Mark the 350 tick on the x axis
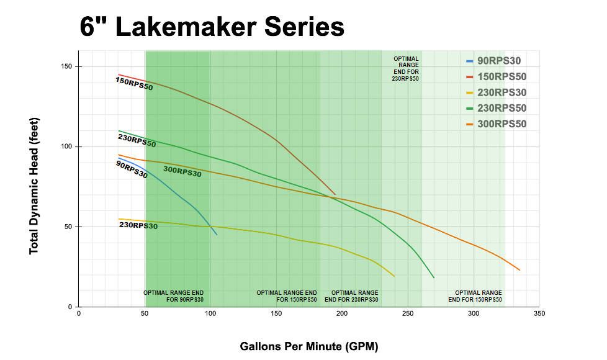tap(539, 314)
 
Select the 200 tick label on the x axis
tap(342, 314)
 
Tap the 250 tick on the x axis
tap(408, 314)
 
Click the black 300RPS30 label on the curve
tap(182, 172)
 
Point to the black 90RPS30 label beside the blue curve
tap(132, 169)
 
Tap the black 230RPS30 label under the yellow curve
tap(138, 225)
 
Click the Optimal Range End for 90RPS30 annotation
tap(174, 296)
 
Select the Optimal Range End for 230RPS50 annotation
tap(407, 69)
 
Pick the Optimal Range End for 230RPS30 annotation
tap(351, 296)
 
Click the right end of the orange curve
tap(519, 270)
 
